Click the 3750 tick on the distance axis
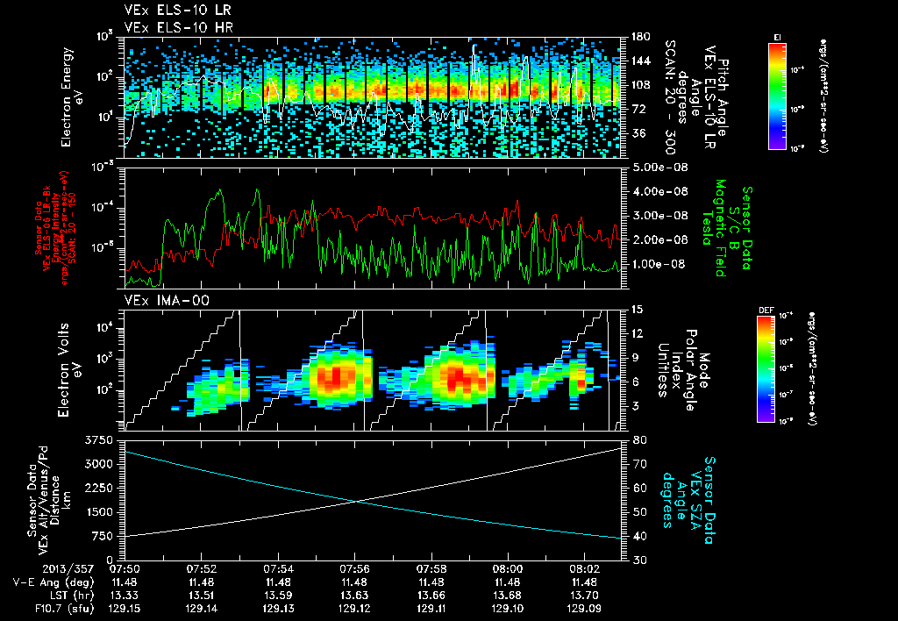(103, 439)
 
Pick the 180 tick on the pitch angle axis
(639, 37)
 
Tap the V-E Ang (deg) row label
(68, 582)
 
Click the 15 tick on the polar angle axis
(637, 310)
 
